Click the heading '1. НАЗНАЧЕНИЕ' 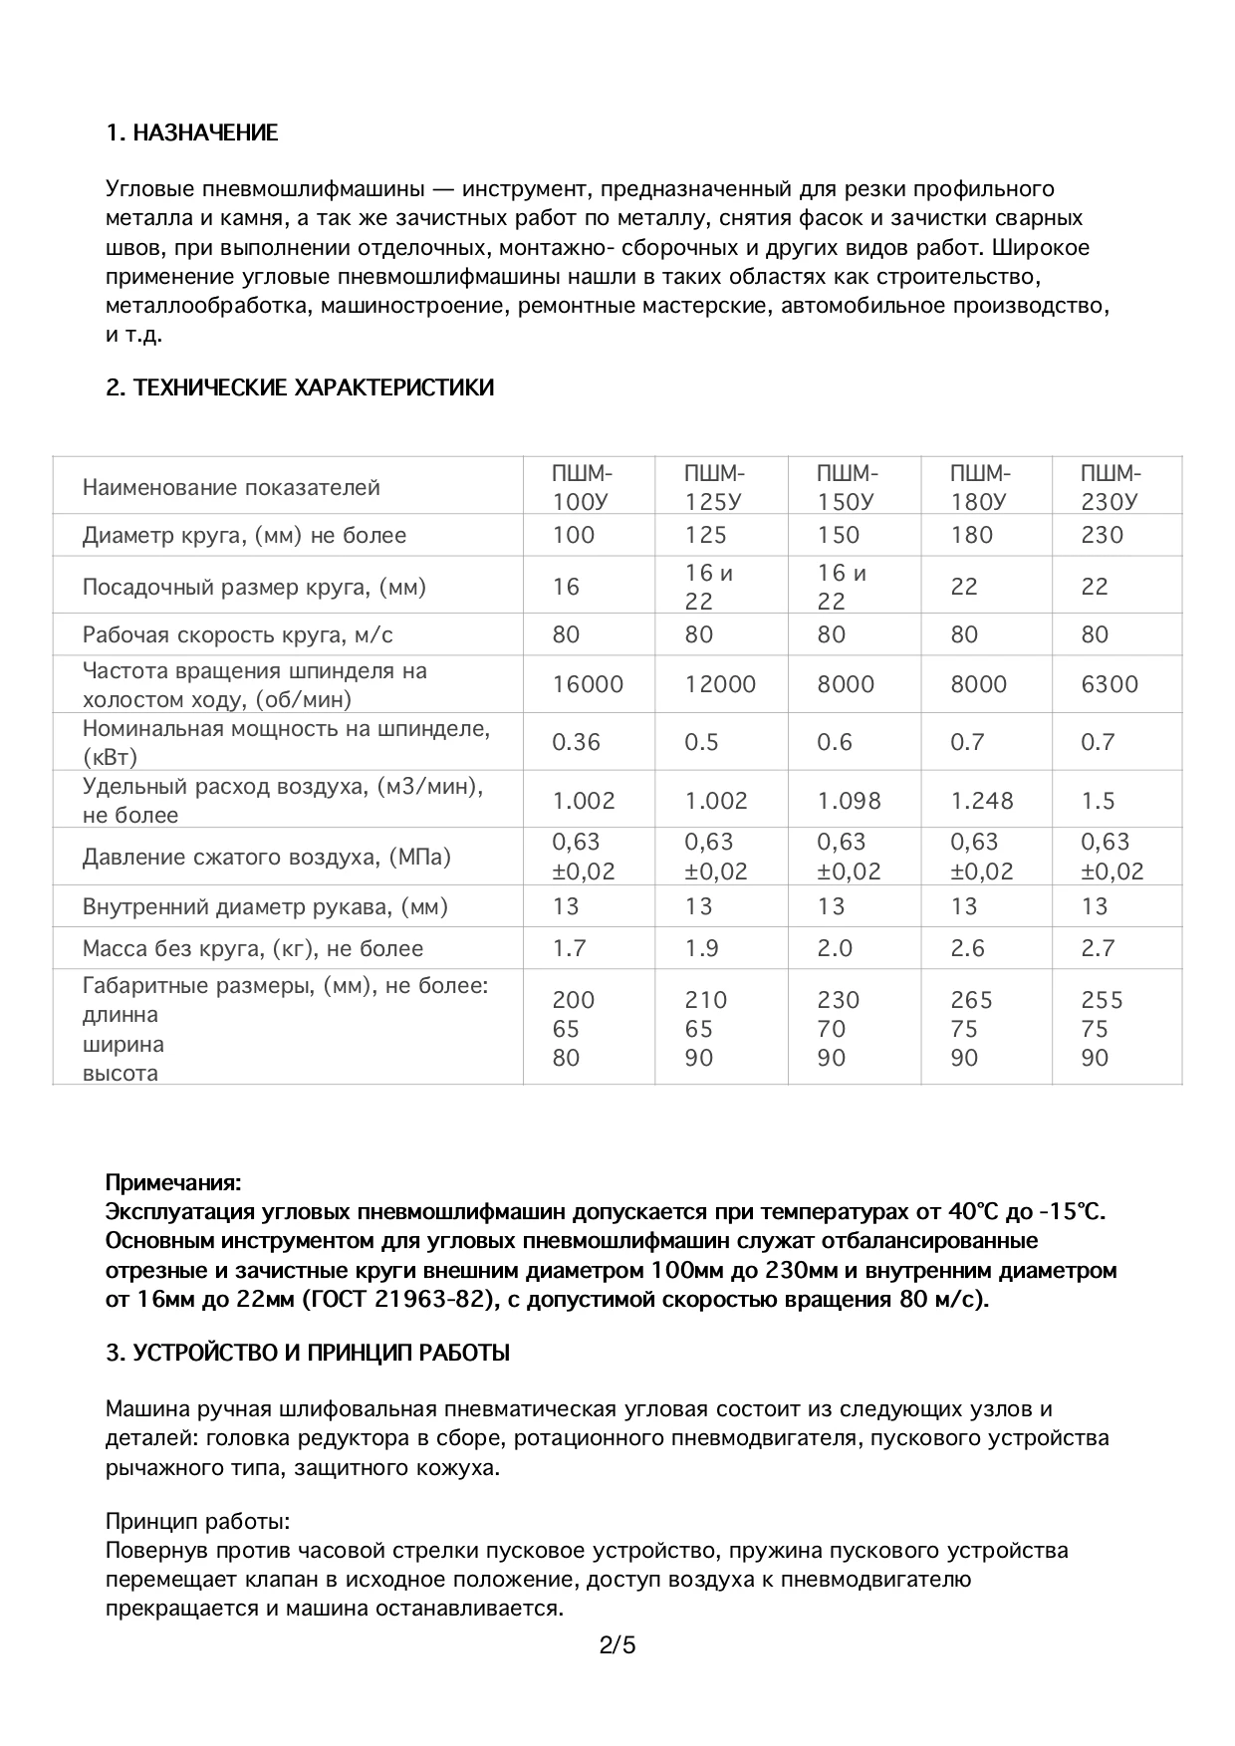191,132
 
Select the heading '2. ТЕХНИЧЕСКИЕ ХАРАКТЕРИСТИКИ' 300,387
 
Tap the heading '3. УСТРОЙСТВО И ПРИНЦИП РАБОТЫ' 308,1353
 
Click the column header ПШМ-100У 584,487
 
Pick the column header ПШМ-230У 1111,487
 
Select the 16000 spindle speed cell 588,684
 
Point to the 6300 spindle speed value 1110,684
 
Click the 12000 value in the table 720,684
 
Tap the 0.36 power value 577,742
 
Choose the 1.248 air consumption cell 981,801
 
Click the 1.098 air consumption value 849,801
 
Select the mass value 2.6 968,948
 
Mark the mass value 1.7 570,948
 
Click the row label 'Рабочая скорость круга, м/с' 237,634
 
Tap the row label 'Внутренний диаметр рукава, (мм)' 265,906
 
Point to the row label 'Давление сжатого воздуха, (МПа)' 266,857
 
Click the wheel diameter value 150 838,535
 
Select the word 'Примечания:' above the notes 173,1183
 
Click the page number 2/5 617,1645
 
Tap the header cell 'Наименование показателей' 231,487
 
